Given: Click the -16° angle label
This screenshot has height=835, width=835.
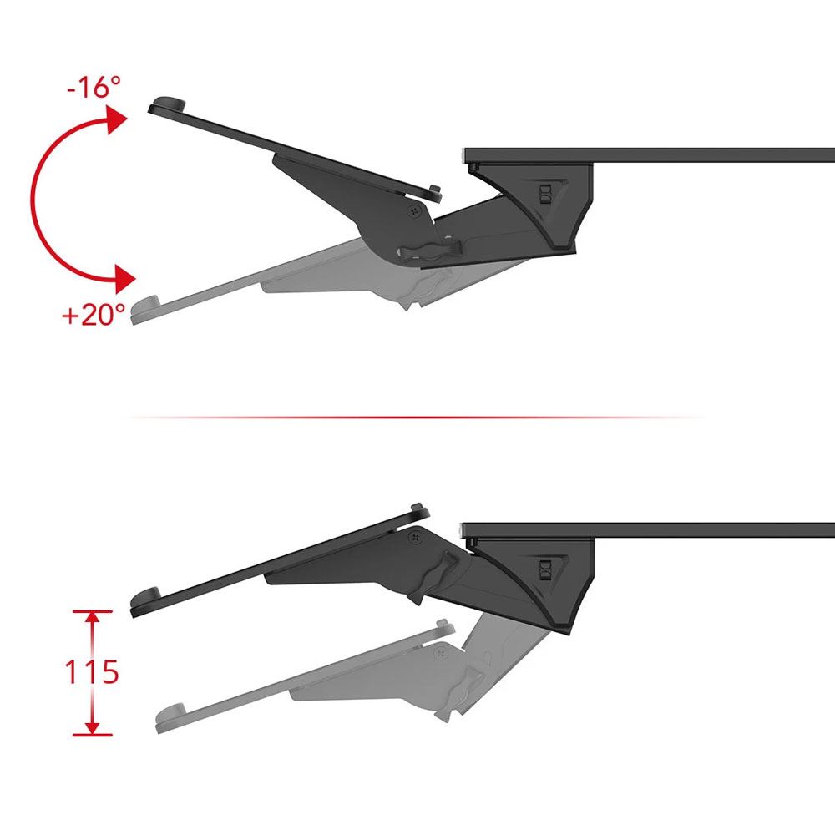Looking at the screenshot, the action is (x=94, y=87).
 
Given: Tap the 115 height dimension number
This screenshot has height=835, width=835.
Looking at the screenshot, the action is (x=92, y=671).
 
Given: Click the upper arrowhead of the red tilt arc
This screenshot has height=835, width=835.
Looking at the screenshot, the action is (x=116, y=119).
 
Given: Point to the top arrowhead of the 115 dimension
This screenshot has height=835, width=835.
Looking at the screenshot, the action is (x=93, y=618).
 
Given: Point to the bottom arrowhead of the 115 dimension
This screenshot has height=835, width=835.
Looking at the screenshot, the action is (x=93, y=728).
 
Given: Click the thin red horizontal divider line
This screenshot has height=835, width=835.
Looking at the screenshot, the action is (x=415, y=417).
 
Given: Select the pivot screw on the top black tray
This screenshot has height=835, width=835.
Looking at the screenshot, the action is (x=414, y=212).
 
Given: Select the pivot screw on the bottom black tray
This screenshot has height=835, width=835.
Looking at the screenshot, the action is (x=415, y=539).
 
